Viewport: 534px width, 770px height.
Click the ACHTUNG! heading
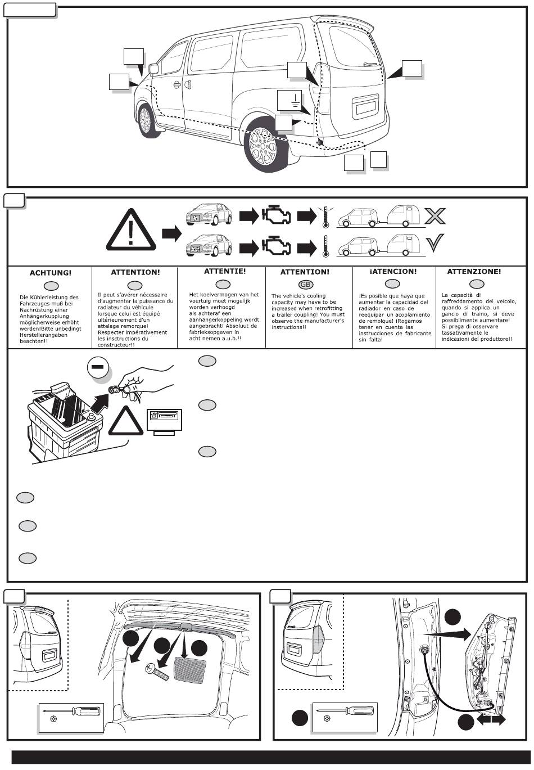click(x=51, y=273)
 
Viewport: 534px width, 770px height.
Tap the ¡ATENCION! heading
click(x=393, y=271)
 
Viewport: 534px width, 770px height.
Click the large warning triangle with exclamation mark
click(x=131, y=231)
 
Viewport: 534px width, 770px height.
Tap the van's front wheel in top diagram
click(x=146, y=120)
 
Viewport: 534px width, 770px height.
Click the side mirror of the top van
click(x=153, y=69)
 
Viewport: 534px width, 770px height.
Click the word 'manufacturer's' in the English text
click(x=324, y=321)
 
